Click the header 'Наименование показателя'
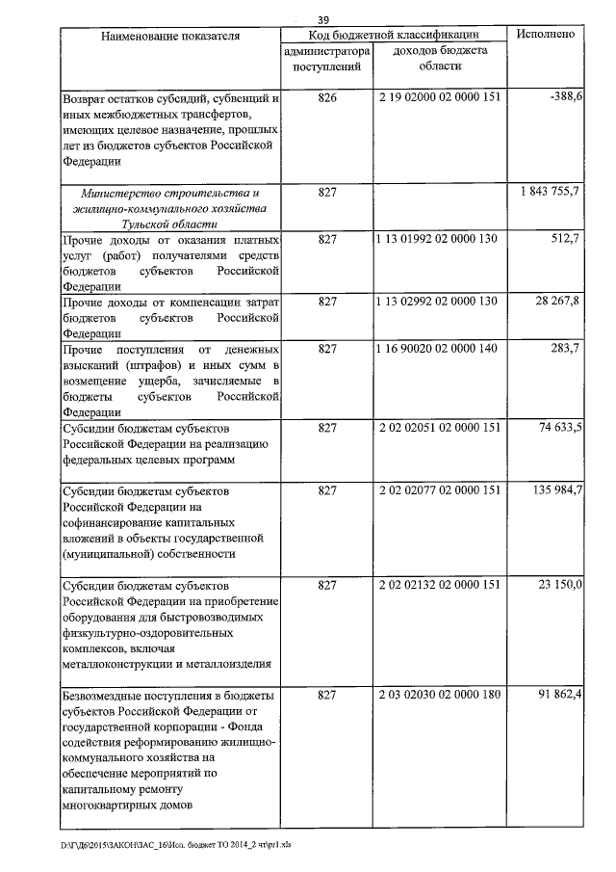click(x=170, y=36)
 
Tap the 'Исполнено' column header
click(x=547, y=34)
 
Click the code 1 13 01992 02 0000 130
click(x=438, y=239)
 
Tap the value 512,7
click(x=564, y=239)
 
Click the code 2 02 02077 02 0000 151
click(x=440, y=490)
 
